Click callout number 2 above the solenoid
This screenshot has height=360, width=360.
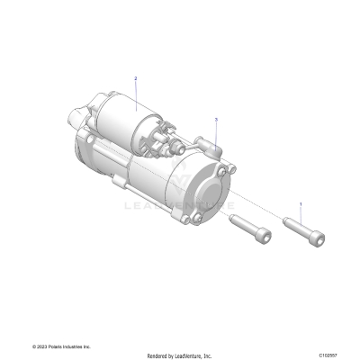(x=135, y=79)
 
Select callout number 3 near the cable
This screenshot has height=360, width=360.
(x=216, y=118)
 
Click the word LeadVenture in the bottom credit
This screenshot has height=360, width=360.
(x=192, y=355)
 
